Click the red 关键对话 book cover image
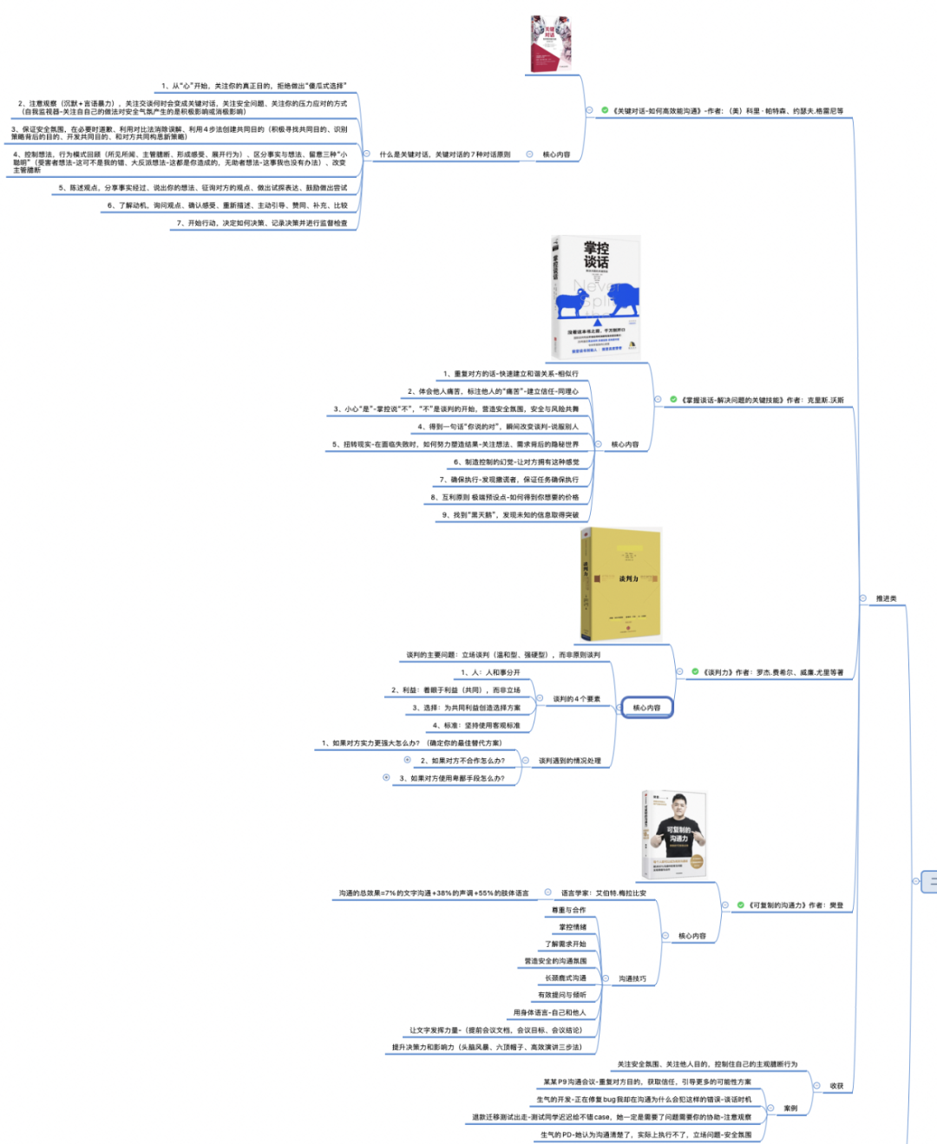pyautogui.click(x=551, y=43)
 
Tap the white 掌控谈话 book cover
pyautogui.click(x=596, y=297)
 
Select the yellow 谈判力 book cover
pyautogui.click(x=619, y=584)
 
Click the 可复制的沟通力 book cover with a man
pyautogui.click(x=674, y=834)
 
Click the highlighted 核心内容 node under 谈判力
pyautogui.click(x=646, y=708)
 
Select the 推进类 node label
pyautogui.click(x=886, y=598)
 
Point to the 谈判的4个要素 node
pyautogui.click(x=576, y=699)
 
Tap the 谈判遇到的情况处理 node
pyautogui.click(x=569, y=761)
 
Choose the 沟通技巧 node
pyautogui.click(x=632, y=978)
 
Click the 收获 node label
pyautogui.click(x=836, y=1086)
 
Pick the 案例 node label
pyautogui.click(x=790, y=1108)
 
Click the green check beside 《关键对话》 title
pyautogui.click(x=605, y=110)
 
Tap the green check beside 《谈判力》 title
pyautogui.click(x=695, y=671)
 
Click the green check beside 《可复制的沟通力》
pyautogui.click(x=740, y=905)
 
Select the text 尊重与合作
pyautogui.click(x=569, y=910)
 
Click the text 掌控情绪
pyautogui.click(x=573, y=927)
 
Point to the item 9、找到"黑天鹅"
pyautogui.click(x=510, y=515)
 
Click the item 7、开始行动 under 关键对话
pyautogui.click(x=261, y=223)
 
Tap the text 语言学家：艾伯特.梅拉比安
pyautogui.click(x=603, y=892)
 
